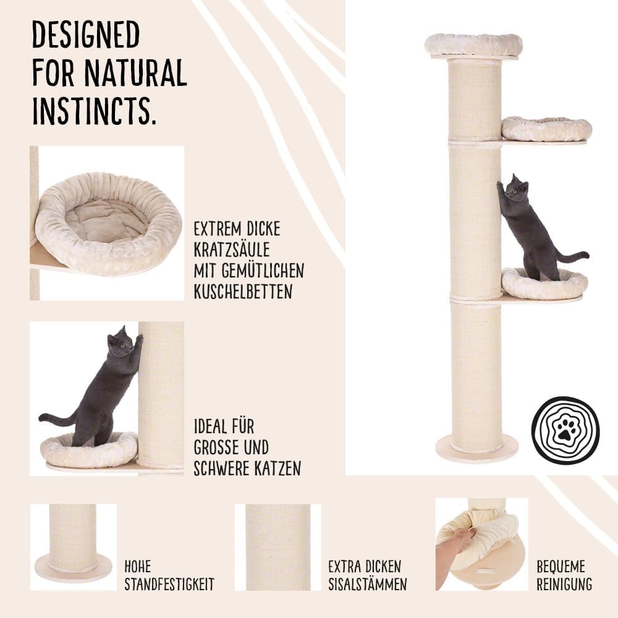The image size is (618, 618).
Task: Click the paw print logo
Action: (x=565, y=430)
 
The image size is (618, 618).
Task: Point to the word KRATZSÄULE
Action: (x=232, y=250)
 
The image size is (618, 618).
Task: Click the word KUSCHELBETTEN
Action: (x=243, y=292)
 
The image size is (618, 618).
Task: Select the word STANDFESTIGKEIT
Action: (x=169, y=584)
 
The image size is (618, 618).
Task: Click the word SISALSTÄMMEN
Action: (x=368, y=584)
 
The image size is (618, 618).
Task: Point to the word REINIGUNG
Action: (x=564, y=584)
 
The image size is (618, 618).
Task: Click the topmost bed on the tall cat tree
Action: (x=474, y=45)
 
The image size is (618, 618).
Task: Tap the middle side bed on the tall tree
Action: (x=547, y=129)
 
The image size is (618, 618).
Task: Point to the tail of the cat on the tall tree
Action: (x=572, y=255)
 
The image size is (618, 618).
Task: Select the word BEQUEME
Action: (x=561, y=567)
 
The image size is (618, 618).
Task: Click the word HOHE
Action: (x=138, y=567)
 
